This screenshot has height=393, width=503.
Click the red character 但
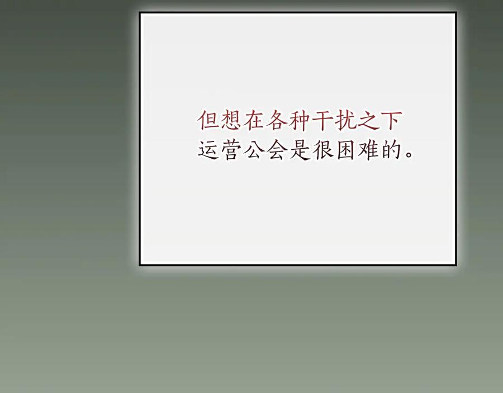pos(208,121)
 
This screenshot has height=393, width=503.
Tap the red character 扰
pos(346,121)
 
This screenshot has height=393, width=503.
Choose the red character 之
pos(369,121)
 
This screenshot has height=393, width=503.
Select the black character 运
pos(208,150)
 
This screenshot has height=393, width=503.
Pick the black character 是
pos(300,150)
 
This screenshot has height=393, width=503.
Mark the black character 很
pos(323,150)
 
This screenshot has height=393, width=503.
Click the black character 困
pos(346,150)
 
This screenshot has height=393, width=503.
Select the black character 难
pos(369,150)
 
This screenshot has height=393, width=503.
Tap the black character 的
pos(392,150)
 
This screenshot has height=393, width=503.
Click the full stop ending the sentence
pos(409,155)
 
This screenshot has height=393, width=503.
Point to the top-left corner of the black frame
pos(140,13)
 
